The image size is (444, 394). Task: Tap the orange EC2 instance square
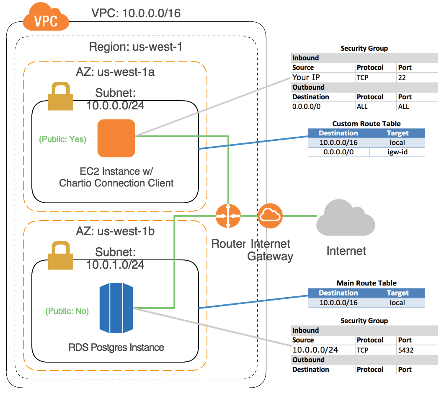[116, 138]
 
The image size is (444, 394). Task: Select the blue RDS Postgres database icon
[116, 308]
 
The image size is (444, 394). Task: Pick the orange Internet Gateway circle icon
[270, 216]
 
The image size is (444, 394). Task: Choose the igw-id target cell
[397, 152]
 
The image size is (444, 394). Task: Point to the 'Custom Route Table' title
[366, 124]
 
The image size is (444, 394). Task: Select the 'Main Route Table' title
[366, 283]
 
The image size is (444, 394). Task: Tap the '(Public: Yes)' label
[62, 139]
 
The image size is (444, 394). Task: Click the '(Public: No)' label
[67, 311]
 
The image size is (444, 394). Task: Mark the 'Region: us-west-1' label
[136, 47]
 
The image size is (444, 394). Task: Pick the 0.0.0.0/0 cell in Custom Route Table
[338, 152]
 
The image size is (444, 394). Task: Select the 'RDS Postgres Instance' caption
[116, 347]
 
